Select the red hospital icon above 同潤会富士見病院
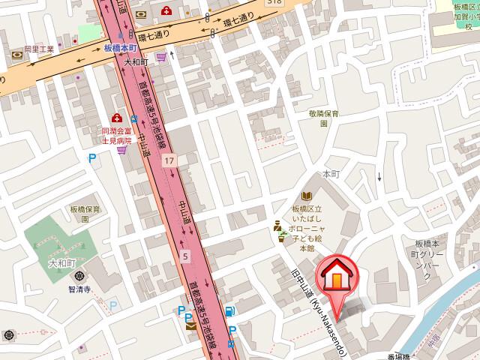(116, 118)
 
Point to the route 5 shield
(185, 256)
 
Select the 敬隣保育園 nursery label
(324, 118)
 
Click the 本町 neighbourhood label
(331, 173)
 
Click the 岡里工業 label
(38, 49)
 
